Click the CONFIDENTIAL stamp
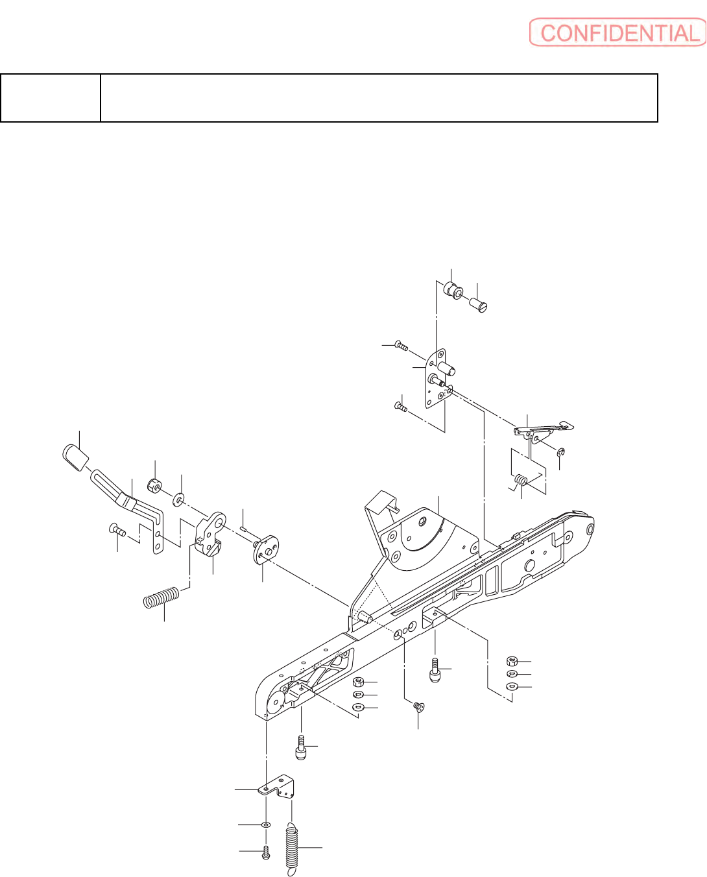pos(617,32)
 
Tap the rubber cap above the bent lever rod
pos(77,457)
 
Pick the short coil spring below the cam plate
pos(161,597)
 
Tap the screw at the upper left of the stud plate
pos(401,346)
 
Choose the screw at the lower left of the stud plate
pos(400,407)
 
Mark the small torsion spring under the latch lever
pos(521,481)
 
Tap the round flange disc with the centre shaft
pos(265,548)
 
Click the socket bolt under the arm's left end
pos(300,747)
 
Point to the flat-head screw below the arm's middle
pos(418,708)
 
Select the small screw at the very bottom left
pos(265,852)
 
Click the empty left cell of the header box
pos(51,98)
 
